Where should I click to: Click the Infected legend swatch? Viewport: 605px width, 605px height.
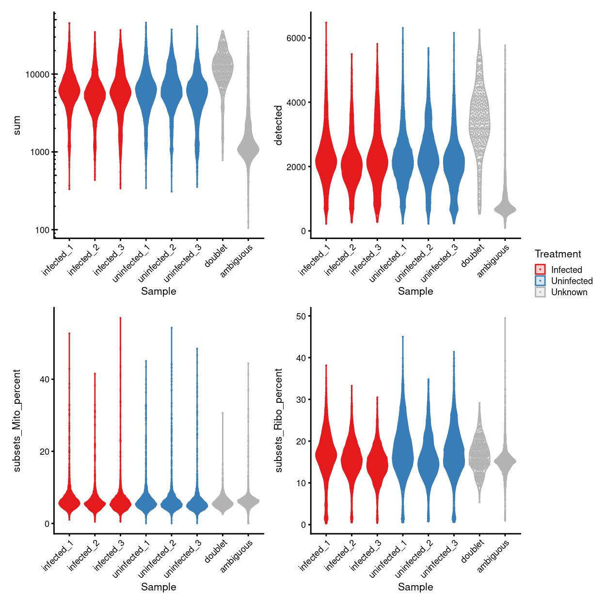click(x=540, y=270)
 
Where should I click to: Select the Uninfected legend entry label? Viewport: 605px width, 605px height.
click(x=572, y=281)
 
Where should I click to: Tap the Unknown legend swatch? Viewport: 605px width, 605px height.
click(x=540, y=292)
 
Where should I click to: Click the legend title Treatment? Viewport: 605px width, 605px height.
click(x=557, y=254)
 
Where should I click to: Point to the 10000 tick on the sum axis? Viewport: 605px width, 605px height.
click(x=37, y=75)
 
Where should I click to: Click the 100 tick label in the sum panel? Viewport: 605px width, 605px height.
click(x=42, y=230)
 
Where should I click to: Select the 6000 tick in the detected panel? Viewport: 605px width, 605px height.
click(x=296, y=38)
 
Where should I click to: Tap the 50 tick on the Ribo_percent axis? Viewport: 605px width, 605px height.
click(x=301, y=316)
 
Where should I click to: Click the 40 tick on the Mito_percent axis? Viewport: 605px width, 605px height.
click(x=45, y=380)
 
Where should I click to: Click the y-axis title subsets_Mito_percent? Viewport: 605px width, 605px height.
click(x=17, y=420)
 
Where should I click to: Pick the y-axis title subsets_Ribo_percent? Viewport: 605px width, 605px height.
click(x=278, y=420)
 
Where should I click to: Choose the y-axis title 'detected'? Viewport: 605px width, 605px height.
click(x=278, y=125)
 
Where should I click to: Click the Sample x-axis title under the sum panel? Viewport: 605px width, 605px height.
click(x=159, y=291)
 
